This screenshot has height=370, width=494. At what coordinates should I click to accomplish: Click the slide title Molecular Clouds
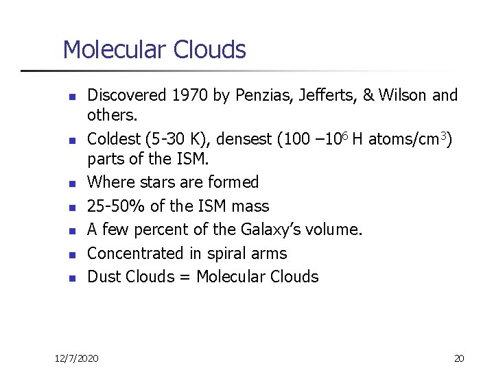click(x=154, y=50)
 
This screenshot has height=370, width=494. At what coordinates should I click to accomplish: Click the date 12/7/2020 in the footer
click(x=77, y=358)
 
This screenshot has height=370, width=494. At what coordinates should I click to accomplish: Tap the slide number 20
click(x=459, y=358)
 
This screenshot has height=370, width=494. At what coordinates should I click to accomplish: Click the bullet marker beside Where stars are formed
click(x=71, y=184)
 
